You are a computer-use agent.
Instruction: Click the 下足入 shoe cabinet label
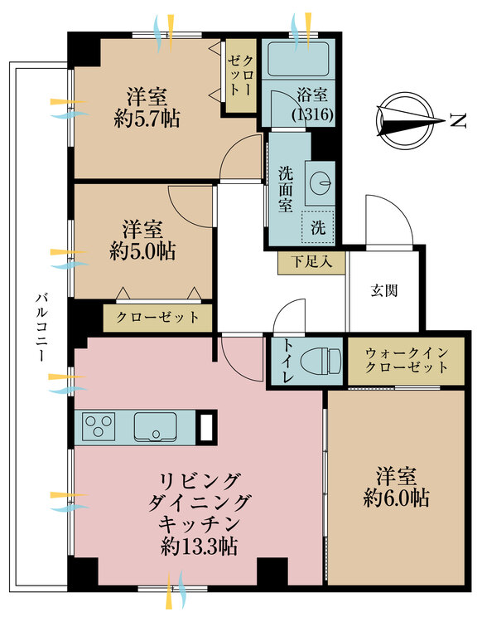click(x=311, y=262)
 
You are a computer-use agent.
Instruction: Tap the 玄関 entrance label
click(x=384, y=290)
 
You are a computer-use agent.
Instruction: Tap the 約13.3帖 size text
click(x=200, y=547)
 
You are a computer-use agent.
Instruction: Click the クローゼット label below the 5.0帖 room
click(x=157, y=317)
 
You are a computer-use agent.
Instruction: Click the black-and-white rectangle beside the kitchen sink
click(x=206, y=426)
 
